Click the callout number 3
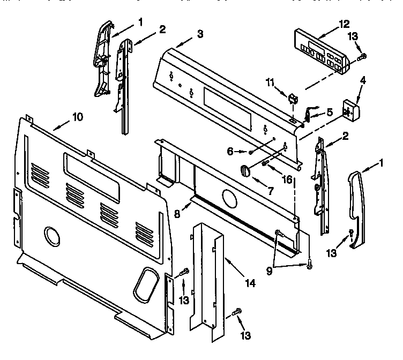pos(199,34)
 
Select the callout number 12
pos(344,24)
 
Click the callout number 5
pos(330,112)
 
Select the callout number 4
pos(363,82)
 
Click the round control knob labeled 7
pos(246,170)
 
